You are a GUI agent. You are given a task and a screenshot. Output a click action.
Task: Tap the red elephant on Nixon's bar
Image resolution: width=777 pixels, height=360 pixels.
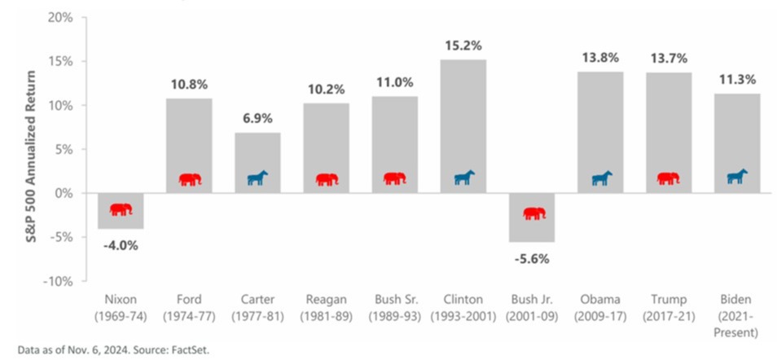pyautogui.click(x=121, y=209)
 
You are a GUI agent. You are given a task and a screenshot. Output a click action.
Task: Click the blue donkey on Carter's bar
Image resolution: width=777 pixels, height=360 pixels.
pyautogui.click(x=258, y=178)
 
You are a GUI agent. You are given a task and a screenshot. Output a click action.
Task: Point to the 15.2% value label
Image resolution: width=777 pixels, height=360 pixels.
pyautogui.click(x=463, y=46)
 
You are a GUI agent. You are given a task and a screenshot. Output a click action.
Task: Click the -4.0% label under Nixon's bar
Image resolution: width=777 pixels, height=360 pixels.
pyautogui.click(x=121, y=244)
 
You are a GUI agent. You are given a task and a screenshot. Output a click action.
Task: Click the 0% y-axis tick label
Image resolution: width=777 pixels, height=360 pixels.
pyautogui.click(x=64, y=193)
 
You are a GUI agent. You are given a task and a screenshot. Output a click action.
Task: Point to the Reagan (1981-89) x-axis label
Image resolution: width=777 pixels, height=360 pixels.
pyautogui.click(x=327, y=308)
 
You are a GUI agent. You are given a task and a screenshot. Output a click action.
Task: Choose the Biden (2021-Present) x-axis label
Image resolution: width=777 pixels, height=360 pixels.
pyautogui.click(x=738, y=315)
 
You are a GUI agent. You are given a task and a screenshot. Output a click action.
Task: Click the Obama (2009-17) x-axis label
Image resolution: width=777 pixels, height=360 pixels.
pyautogui.click(x=601, y=308)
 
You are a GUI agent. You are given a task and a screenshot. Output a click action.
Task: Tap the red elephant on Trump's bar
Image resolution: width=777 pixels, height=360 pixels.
pyautogui.click(x=668, y=178)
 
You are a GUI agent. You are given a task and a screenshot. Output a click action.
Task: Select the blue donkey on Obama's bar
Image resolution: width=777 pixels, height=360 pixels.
pyautogui.click(x=602, y=178)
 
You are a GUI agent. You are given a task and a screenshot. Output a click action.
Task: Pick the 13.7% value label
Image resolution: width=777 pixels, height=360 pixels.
pyautogui.click(x=669, y=59)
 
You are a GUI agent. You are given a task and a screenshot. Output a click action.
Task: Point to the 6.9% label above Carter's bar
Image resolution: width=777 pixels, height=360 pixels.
pyautogui.click(x=258, y=119)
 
